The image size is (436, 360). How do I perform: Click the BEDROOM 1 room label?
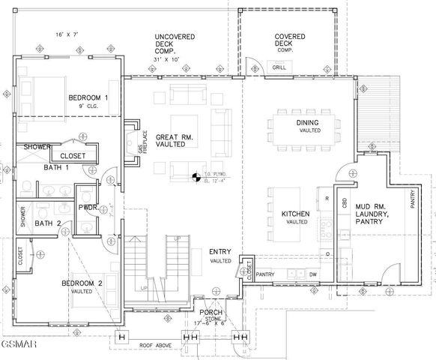click(88, 98)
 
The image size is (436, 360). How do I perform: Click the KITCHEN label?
click(296, 214)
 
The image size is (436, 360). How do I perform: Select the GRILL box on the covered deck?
click(279, 68)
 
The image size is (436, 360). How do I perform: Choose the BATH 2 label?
click(48, 223)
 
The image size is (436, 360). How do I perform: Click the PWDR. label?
click(88, 207)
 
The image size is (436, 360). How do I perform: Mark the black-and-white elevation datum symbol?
click(196, 178)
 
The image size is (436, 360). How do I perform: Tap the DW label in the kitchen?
click(313, 275)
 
